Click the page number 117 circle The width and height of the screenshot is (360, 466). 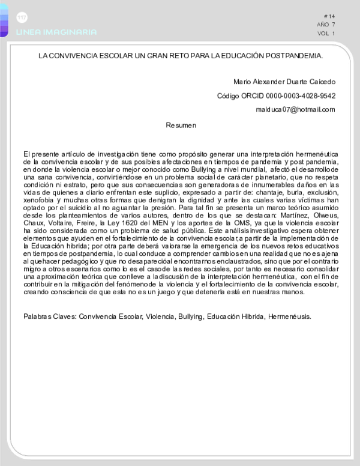point(22,17)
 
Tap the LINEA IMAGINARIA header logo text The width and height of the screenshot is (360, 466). point(56,32)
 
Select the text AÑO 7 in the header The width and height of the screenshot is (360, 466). point(326,25)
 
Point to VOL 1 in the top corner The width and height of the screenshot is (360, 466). point(326,34)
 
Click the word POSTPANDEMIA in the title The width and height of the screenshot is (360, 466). point(293,55)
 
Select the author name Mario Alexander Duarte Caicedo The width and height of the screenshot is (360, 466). point(284,82)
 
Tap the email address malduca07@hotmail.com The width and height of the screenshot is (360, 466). point(295,109)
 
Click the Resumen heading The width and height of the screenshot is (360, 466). point(181,125)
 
